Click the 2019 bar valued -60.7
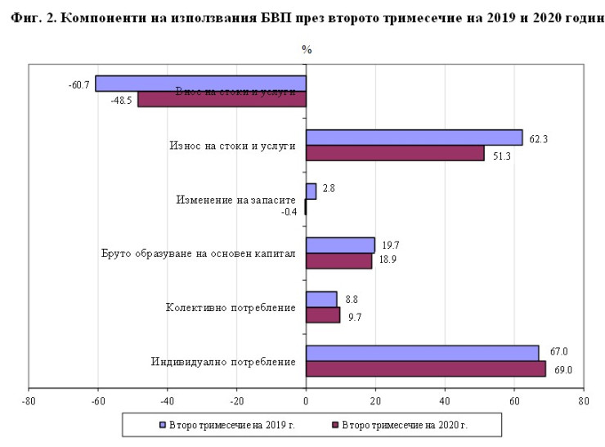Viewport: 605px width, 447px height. [200, 84]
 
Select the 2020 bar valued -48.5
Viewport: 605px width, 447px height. [222, 99]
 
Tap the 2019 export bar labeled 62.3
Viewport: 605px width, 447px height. [414, 138]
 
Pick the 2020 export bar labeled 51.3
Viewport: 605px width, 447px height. [395, 153]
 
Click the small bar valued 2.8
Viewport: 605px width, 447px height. [311, 192]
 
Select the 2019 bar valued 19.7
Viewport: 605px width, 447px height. [340, 245]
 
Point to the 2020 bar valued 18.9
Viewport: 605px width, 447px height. [338, 261]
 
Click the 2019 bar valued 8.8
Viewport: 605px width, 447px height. [321, 299]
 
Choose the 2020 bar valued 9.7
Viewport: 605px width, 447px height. [323, 315]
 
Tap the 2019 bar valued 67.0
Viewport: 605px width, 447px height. [422, 353]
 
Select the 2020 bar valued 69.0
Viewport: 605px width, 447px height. [425, 369]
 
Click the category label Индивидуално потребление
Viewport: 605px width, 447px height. [223, 361]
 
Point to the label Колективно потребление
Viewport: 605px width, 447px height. [230, 308]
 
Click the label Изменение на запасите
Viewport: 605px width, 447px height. [235, 200]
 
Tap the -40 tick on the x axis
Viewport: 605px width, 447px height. [168, 401]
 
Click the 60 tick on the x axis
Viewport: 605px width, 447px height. [514, 401]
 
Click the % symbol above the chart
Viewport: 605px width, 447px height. [307, 49]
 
